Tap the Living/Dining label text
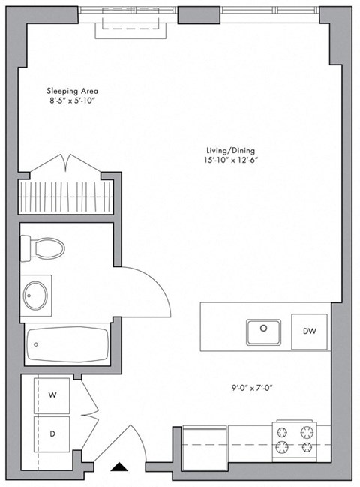(225, 149)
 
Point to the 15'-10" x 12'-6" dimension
(225, 160)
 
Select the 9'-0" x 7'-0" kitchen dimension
(252, 388)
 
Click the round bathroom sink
(36, 293)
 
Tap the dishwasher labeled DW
(309, 330)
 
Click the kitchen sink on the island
(263, 329)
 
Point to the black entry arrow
(118, 468)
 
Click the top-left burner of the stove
(283, 432)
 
